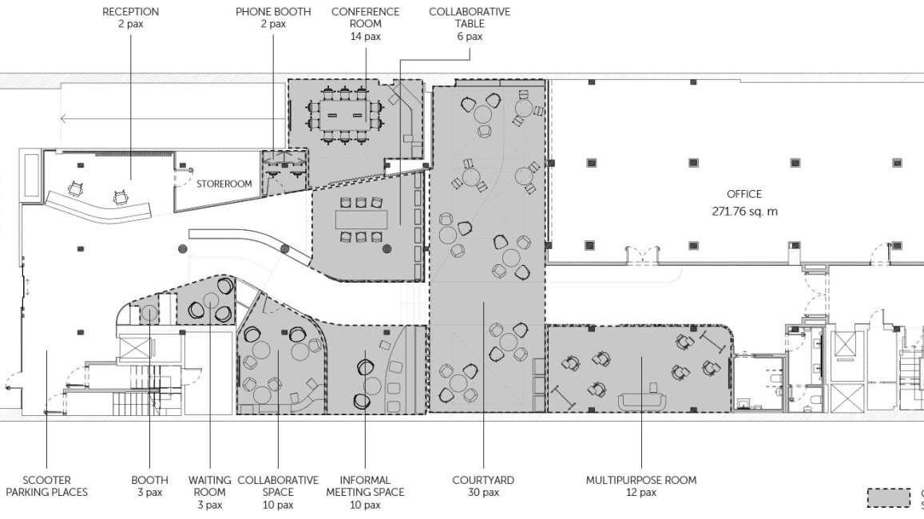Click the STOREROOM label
point(224,184)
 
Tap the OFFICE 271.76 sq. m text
point(744,203)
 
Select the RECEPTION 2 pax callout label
point(130,18)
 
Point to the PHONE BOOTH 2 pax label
point(273,18)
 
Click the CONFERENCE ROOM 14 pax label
point(365,24)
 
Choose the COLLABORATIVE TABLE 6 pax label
point(470,24)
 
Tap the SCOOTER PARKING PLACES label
point(46,486)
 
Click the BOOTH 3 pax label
point(149,486)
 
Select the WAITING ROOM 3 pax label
point(210,493)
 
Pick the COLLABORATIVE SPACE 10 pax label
point(278,493)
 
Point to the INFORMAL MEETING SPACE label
point(365,486)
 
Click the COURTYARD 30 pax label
point(483,486)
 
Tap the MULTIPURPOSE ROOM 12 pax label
point(641,486)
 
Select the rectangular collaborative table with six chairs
point(361,220)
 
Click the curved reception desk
point(99,207)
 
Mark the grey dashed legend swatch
point(888,497)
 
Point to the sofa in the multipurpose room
point(642,402)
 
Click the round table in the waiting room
point(210,301)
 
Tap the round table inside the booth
point(149,314)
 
